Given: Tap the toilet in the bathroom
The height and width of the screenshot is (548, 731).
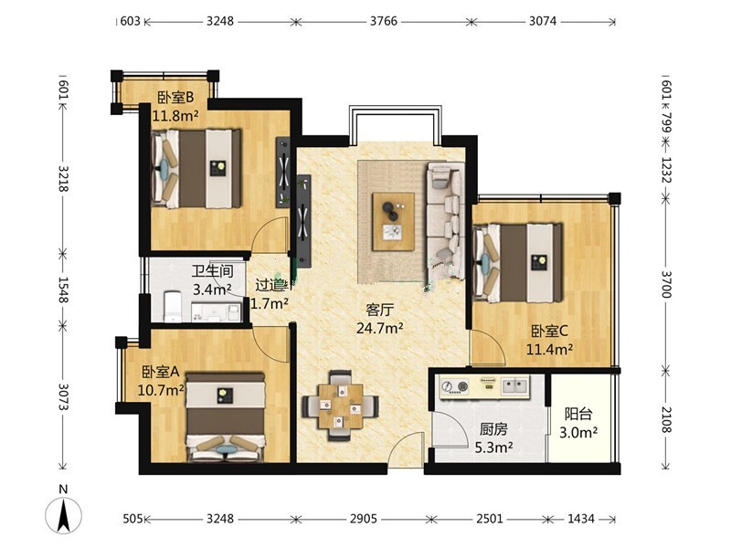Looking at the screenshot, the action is click(173, 306).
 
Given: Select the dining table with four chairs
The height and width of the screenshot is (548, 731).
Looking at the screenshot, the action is click(340, 406).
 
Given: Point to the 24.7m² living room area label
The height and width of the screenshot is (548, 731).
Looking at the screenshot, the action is click(380, 329).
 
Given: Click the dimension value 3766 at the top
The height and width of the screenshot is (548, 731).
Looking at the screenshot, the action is click(384, 21).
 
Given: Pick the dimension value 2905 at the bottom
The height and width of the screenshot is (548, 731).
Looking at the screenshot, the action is click(363, 518).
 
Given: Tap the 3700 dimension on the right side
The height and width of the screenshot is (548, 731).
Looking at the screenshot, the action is click(666, 284).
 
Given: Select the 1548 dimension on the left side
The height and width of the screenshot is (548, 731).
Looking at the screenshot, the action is click(63, 290).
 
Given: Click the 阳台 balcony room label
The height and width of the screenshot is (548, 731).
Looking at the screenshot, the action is click(578, 414).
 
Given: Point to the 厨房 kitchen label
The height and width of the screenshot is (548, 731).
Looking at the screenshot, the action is click(493, 428).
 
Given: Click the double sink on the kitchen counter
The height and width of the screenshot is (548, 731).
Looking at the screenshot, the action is click(515, 385).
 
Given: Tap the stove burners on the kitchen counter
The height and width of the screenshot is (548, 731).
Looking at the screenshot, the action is click(454, 385).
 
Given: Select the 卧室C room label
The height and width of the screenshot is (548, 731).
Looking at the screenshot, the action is click(550, 331).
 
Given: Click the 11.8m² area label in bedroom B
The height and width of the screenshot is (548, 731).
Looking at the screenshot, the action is click(175, 115).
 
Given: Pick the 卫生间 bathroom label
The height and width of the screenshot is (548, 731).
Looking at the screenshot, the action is click(212, 270).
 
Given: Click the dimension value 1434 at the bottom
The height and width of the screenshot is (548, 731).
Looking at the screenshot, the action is click(581, 518).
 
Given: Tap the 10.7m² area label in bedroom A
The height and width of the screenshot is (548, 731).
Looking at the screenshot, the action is click(161, 390).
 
